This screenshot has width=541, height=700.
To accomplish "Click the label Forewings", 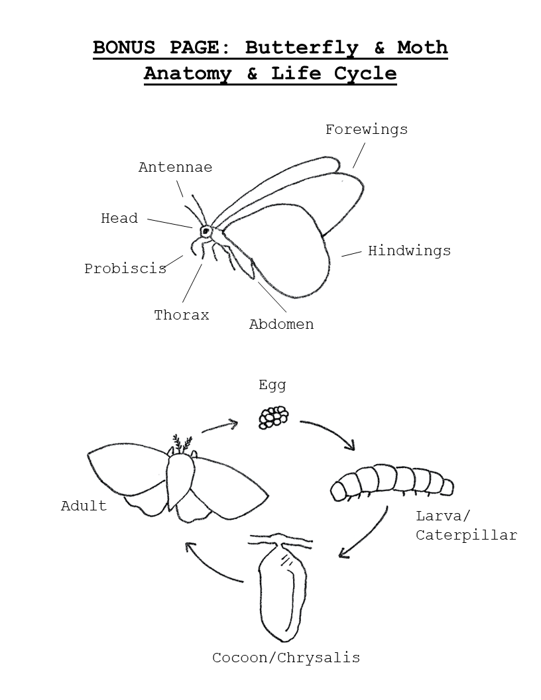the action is pyautogui.click(x=367, y=130).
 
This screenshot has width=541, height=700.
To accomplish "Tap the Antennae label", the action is pyautogui.click(x=176, y=168).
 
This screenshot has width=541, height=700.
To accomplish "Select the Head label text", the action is pyautogui.click(x=119, y=218).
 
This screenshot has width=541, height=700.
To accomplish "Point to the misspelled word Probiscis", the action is pyautogui.click(x=125, y=268).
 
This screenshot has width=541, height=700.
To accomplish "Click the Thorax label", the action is pyautogui.click(x=182, y=315).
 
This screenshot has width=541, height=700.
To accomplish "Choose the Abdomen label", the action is pyautogui.click(x=281, y=324).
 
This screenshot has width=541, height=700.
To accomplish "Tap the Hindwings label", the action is pyautogui.click(x=409, y=251).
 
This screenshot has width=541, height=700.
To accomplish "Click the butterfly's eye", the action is pyautogui.click(x=206, y=231).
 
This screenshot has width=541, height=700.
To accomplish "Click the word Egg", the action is pyautogui.click(x=272, y=385).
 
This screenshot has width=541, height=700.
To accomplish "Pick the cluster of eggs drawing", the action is pyautogui.click(x=273, y=417).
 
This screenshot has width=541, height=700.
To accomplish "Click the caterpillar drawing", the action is pyautogui.click(x=392, y=482).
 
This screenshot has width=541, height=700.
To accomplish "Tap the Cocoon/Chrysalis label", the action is pyautogui.click(x=286, y=658).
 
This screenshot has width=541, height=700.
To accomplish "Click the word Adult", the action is pyautogui.click(x=84, y=506).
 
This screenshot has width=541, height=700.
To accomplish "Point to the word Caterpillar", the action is pyautogui.click(x=467, y=535).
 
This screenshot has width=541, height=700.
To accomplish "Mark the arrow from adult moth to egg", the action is pyautogui.click(x=219, y=426).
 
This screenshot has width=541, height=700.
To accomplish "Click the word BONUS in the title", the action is pyautogui.click(x=124, y=47).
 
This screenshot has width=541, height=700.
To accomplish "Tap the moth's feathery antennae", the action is pyautogui.click(x=182, y=444).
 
